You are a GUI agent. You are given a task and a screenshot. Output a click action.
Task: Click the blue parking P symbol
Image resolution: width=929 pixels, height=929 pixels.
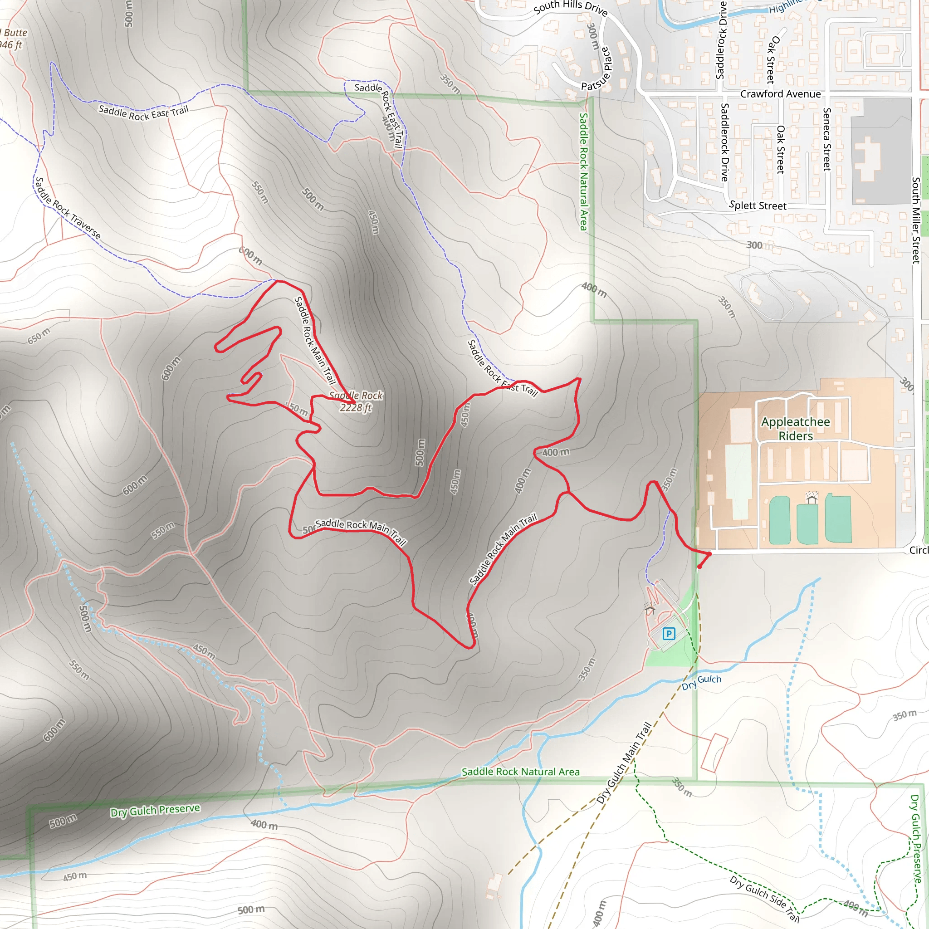668,634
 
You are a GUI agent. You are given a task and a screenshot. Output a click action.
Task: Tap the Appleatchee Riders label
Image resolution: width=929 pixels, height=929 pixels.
795,428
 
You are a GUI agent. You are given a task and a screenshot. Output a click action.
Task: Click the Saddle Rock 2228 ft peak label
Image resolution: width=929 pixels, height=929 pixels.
356,401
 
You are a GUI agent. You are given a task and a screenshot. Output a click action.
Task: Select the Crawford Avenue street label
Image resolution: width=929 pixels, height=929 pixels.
780,94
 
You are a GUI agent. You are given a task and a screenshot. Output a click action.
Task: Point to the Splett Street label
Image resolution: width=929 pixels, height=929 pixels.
758,205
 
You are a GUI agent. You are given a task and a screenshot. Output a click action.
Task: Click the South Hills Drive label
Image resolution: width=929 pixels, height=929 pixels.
570,8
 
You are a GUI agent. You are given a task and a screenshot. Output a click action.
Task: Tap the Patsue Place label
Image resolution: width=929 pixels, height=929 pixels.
596,69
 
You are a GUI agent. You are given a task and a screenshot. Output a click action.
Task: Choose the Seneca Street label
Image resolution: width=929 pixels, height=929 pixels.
826,139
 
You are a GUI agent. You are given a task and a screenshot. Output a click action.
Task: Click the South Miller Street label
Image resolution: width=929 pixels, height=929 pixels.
915,220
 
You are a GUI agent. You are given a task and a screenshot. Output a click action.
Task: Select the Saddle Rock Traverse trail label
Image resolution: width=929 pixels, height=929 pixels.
68,208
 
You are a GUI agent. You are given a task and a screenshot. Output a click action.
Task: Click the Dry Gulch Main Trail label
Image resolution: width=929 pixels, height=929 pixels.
624,763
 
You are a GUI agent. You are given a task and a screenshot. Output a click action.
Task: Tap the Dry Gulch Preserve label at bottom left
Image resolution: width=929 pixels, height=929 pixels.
155,810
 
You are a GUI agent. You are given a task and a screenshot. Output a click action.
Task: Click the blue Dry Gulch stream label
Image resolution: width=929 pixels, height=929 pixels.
701,682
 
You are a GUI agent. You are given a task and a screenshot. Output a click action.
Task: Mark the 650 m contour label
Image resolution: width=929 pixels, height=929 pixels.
39,336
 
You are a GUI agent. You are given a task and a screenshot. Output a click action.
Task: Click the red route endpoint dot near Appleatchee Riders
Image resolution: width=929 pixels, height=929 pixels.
699,567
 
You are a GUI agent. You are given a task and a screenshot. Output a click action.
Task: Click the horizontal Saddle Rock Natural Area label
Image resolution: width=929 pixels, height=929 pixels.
520,772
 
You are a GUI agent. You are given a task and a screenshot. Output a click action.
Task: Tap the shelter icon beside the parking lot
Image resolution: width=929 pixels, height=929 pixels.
650,609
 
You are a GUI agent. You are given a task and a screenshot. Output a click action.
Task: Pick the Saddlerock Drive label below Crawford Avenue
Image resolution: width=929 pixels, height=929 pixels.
724,142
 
